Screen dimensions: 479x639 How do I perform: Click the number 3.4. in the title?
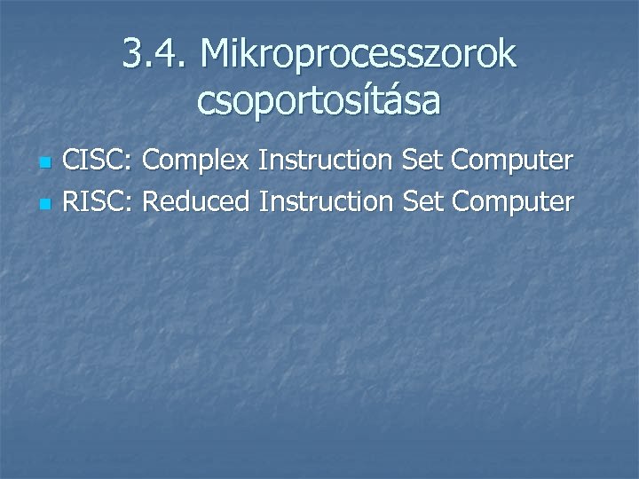click(x=154, y=55)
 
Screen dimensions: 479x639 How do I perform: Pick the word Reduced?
click(x=196, y=202)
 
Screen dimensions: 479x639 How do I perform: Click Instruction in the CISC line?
click(x=326, y=162)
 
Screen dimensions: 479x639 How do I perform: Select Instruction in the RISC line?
click(x=326, y=202)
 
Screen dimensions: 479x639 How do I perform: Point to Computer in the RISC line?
click(x=512, y=203)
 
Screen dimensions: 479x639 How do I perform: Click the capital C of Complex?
click(x=151, y=162)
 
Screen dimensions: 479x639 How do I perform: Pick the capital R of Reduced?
click(x=151, y=202)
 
